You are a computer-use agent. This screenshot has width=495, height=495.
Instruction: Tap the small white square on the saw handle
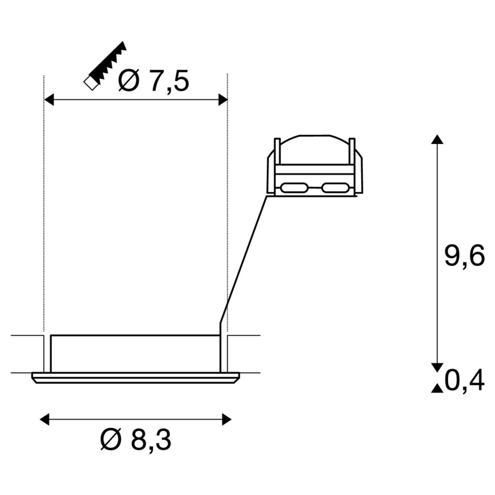[91, 83]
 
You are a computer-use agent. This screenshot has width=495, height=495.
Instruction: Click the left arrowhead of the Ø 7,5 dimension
[49, 100]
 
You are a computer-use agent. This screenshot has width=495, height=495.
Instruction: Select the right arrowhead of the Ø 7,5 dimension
[223, 100]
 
